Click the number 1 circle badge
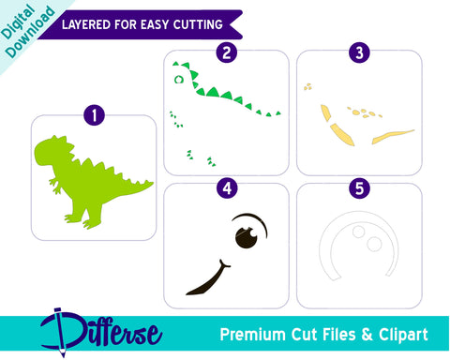[93, 115]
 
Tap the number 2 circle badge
[225, 52]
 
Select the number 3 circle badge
[359, 52]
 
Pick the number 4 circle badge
[225, 187]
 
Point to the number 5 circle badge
[359, 187]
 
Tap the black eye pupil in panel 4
[247, 239]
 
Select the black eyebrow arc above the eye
[249, 220]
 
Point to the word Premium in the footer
[252, 334]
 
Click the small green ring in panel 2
[175, 81]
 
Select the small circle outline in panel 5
[373, 245]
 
